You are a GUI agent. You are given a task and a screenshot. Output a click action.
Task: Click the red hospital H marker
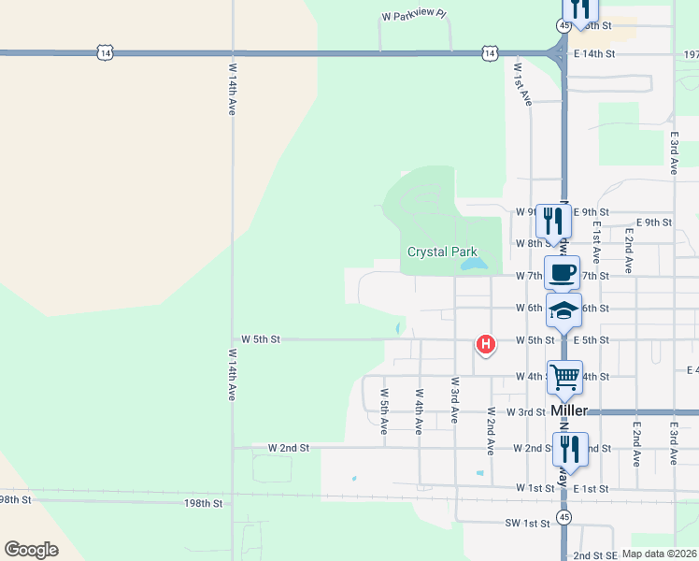point(485,345)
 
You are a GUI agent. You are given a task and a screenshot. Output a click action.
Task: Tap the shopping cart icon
point(564,378)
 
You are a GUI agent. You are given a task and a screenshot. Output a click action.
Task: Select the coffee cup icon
point(562,273)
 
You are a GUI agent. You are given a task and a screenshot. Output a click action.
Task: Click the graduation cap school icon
point(563,310)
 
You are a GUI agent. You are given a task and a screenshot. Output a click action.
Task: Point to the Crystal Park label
point(442,252)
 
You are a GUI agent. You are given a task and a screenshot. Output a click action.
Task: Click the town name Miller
point(568,410)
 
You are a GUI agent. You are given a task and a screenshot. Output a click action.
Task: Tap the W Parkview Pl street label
point(414,17)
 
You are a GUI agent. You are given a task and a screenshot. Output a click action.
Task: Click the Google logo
point(32,550)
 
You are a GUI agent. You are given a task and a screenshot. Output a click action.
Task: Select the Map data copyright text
point(660,554)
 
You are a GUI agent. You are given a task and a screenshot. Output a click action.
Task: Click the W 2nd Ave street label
point(491,430)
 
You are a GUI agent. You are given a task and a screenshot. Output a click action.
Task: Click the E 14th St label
point(594,54)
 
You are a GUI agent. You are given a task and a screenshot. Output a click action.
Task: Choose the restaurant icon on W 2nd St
point(570,450)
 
